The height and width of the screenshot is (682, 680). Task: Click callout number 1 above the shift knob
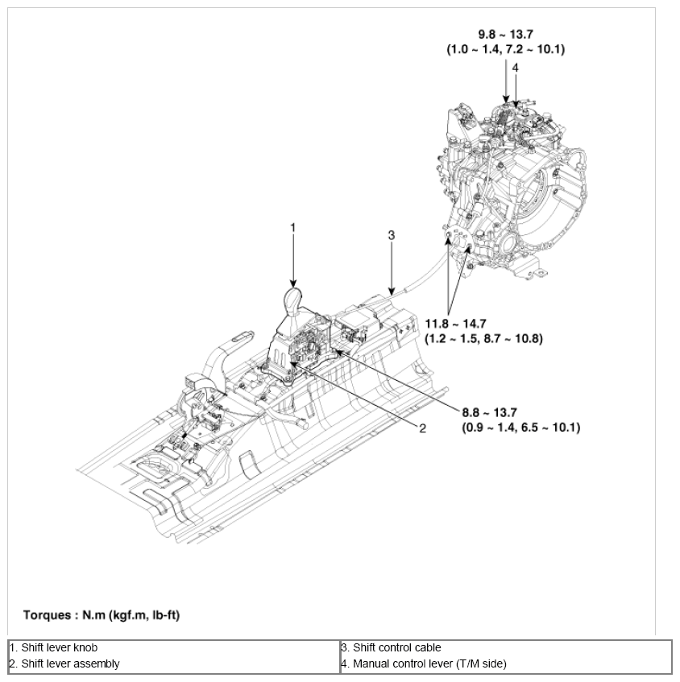293,228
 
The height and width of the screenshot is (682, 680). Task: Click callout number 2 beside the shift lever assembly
421,428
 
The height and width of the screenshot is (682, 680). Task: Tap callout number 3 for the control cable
391,235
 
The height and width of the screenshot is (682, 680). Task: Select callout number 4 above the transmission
515,68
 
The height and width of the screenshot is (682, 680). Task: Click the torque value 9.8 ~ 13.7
505,35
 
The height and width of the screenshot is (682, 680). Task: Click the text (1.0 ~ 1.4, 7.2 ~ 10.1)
505,49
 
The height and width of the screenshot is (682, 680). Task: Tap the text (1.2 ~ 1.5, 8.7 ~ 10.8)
483,338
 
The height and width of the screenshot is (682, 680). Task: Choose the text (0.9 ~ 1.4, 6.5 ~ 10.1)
520,427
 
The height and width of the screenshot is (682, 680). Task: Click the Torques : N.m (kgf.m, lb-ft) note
102,615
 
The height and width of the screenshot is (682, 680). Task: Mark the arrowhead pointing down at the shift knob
293,281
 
